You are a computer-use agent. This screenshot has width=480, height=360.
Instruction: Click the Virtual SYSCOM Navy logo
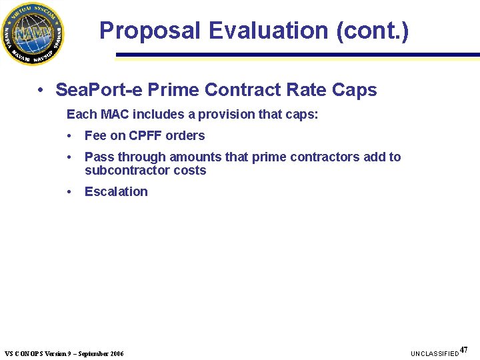(x=33, y=33)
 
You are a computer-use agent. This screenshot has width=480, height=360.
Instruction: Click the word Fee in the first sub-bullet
(x=95, y=136)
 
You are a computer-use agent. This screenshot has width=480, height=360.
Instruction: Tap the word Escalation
(x=116, y=192)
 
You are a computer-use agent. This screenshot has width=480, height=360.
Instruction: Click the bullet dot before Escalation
(x=70, y=192)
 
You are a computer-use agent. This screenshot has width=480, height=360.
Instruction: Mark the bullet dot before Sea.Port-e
(x=41, y=90)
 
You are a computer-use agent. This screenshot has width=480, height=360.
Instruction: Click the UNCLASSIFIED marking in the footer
(x=435, y=353)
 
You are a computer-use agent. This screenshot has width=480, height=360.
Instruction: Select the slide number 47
(x=464, y=349)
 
